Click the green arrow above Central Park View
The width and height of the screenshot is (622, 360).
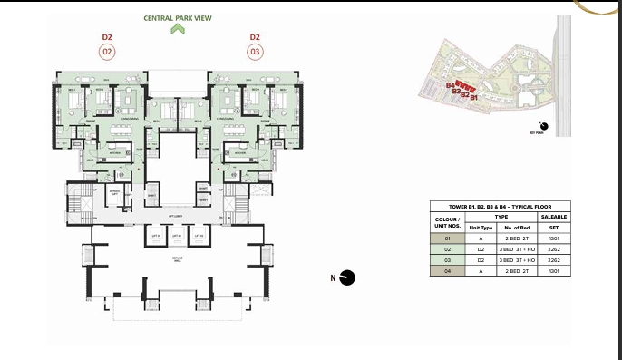[x=178, y=29]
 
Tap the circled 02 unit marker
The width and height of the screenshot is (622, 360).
[x=108, y=52]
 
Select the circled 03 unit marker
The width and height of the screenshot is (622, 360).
[x=255, y=52]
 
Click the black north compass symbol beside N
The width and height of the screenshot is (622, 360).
[x=348, y=278]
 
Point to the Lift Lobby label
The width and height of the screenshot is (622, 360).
[x=178, y=215]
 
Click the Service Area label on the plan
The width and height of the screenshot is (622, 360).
[x=178, y=261]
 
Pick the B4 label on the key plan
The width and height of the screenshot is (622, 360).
[x=450, y=84]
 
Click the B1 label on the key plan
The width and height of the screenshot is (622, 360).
[x=473, y=95]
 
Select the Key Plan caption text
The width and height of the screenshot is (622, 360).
[x=537, y=132]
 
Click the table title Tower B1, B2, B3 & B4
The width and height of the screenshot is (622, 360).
[x=501, y=207]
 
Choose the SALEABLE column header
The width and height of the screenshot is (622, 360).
[x=554, y=218]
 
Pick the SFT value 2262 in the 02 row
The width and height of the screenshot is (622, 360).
[x=554, y=249]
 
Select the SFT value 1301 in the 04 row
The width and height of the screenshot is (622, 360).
[x=554, y=271]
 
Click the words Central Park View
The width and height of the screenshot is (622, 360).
[x=178, y=17]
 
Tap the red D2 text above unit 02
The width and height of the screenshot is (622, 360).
[x=108, y=37]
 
